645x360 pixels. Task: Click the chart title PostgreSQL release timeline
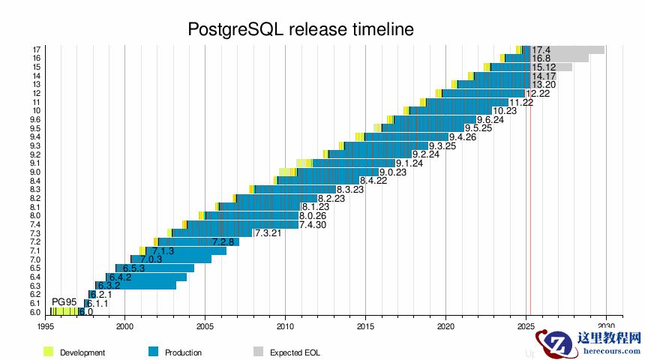pyautogui.click(x=300, y=29)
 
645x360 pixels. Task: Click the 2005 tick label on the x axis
pyautogui.click(x=205, y=326)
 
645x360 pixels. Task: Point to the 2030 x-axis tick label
pyautogui.click(x=605, y=326)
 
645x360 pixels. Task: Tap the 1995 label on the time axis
pyautogui.click(x=45, y=326)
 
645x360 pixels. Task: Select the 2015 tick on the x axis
pyautogui.click(x=365, y=326)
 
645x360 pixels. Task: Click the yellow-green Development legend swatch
pyautogui.click(x=49, y=352)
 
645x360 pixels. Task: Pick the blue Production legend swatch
pyautogui.click(x=153, y=352)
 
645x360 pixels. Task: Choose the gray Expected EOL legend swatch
pyautogui.click(x=258, y=352)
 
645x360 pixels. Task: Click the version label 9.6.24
pyautogui.click(x=490, y=119)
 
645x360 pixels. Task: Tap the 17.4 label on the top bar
pyautogui.click(x=541, y=49)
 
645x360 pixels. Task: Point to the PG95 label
pyautogui.click(x=64, y=301)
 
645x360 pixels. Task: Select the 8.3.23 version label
pyautogui.click(x=349, y=189)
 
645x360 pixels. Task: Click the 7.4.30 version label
pyautogui.click(x=312, y=224)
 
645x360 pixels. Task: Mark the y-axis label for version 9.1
pyautogui.click(x=35, y=163)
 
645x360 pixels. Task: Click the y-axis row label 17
pyautogui.click(x=36, y=49)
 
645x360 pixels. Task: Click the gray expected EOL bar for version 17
pyautogui.click(x=577, y=49)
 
